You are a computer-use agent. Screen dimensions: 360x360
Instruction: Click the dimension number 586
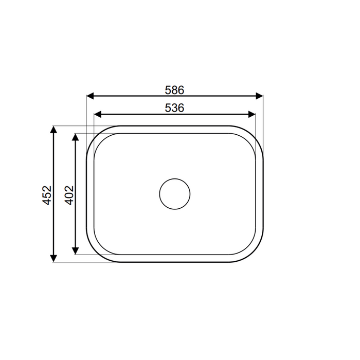[174, 90]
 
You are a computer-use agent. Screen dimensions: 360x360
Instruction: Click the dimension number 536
[174, 108]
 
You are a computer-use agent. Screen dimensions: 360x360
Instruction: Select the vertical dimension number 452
[47, 195]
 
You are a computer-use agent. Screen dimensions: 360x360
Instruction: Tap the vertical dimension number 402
[69, 195]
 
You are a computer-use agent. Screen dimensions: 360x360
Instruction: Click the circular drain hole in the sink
[175, 194]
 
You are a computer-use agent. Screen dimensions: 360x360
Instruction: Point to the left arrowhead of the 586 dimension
[90, 96]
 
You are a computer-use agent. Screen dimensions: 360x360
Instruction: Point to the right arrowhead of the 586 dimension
[259, 96]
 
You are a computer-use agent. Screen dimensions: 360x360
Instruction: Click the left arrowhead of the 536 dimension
[98, 114]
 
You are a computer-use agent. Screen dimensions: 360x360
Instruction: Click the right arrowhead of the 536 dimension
[252, 114]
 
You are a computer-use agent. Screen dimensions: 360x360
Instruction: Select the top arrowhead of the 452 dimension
[53, 130]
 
